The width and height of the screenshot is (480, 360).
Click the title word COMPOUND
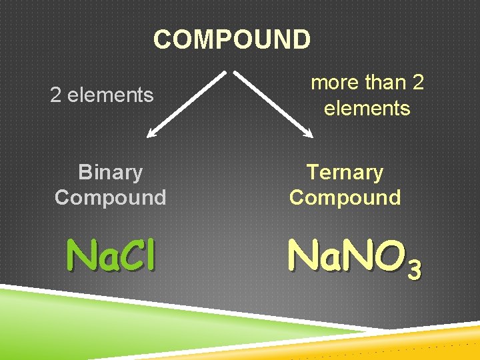[231, 39]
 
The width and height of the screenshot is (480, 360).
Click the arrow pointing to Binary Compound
[189, 103]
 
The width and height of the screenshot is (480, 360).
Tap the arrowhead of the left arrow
[152, 134]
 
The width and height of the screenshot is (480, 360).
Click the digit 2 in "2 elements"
[56, 95]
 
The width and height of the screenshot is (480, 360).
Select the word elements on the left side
[110, 95]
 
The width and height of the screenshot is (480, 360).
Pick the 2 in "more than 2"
[419, 83]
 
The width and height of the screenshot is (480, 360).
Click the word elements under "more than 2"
[367, 108]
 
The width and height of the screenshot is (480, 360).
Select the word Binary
[110, 172]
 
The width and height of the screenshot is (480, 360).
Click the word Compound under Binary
[110, 197]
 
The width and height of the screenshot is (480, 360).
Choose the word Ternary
[345, 172]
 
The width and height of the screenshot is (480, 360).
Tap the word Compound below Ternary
[345, 197]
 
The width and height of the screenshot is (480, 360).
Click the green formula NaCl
[112, 255]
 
